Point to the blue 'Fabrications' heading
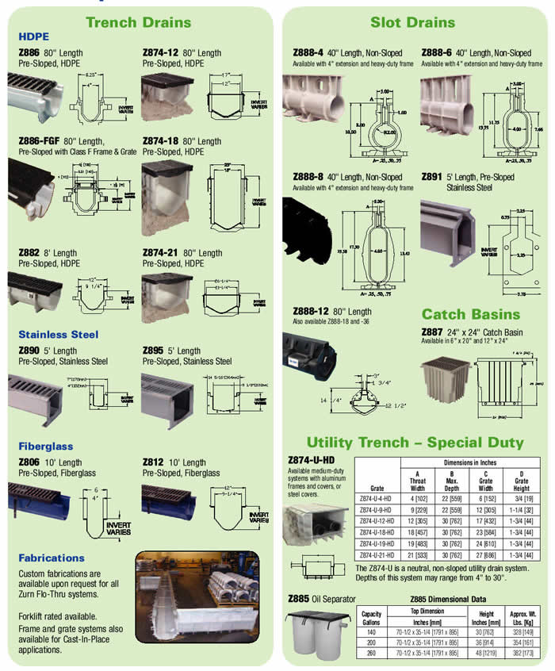[x=52, y=558]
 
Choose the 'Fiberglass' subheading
[x=46, y=447]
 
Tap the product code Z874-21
[x=160, y=252]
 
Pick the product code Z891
[x=435, y=177]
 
